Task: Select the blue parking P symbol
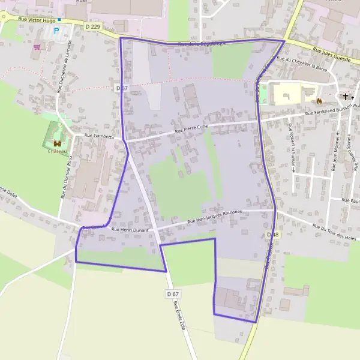pos(57,30)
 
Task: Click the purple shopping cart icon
pos(37,46)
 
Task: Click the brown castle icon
pos(57,143)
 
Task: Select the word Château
pos(57,151)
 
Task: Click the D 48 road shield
pos(272,234)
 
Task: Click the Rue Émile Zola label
pos(179,315)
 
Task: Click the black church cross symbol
pos(345,96)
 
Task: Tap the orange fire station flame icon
pos(320,100)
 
